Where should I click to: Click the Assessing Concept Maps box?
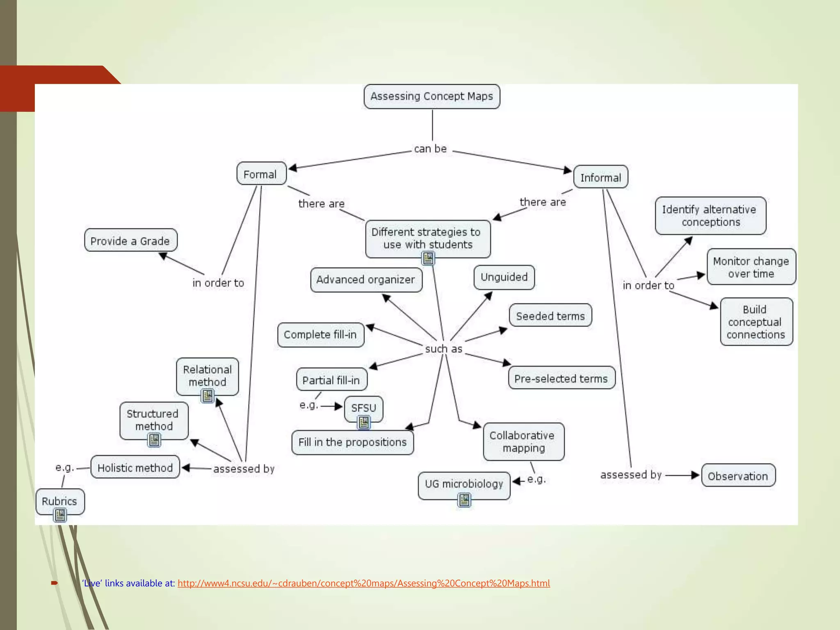pos(431,96)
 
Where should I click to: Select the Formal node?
pos(261,174)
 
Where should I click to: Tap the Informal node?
pos(600,177)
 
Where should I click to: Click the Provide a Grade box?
pos(130,241)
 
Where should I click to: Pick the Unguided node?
pos(504,277)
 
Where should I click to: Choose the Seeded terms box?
pos(550,316)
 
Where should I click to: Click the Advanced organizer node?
pos(366,280)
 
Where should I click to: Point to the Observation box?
pos(738,476)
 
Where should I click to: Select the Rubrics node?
pos(60,501)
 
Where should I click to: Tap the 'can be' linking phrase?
pos(430,149)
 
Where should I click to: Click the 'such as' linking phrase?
pos(443,349)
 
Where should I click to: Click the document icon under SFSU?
pos(364,422)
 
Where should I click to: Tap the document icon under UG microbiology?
pos(464,500)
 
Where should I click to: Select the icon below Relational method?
pos(208,396)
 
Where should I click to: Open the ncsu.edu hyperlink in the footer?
pos(363,583)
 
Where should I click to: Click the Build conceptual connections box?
pos(756,322)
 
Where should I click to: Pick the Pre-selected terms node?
pos(561,378)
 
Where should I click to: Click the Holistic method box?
pos(135,468)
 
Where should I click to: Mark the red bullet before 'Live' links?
pos(54,583)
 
